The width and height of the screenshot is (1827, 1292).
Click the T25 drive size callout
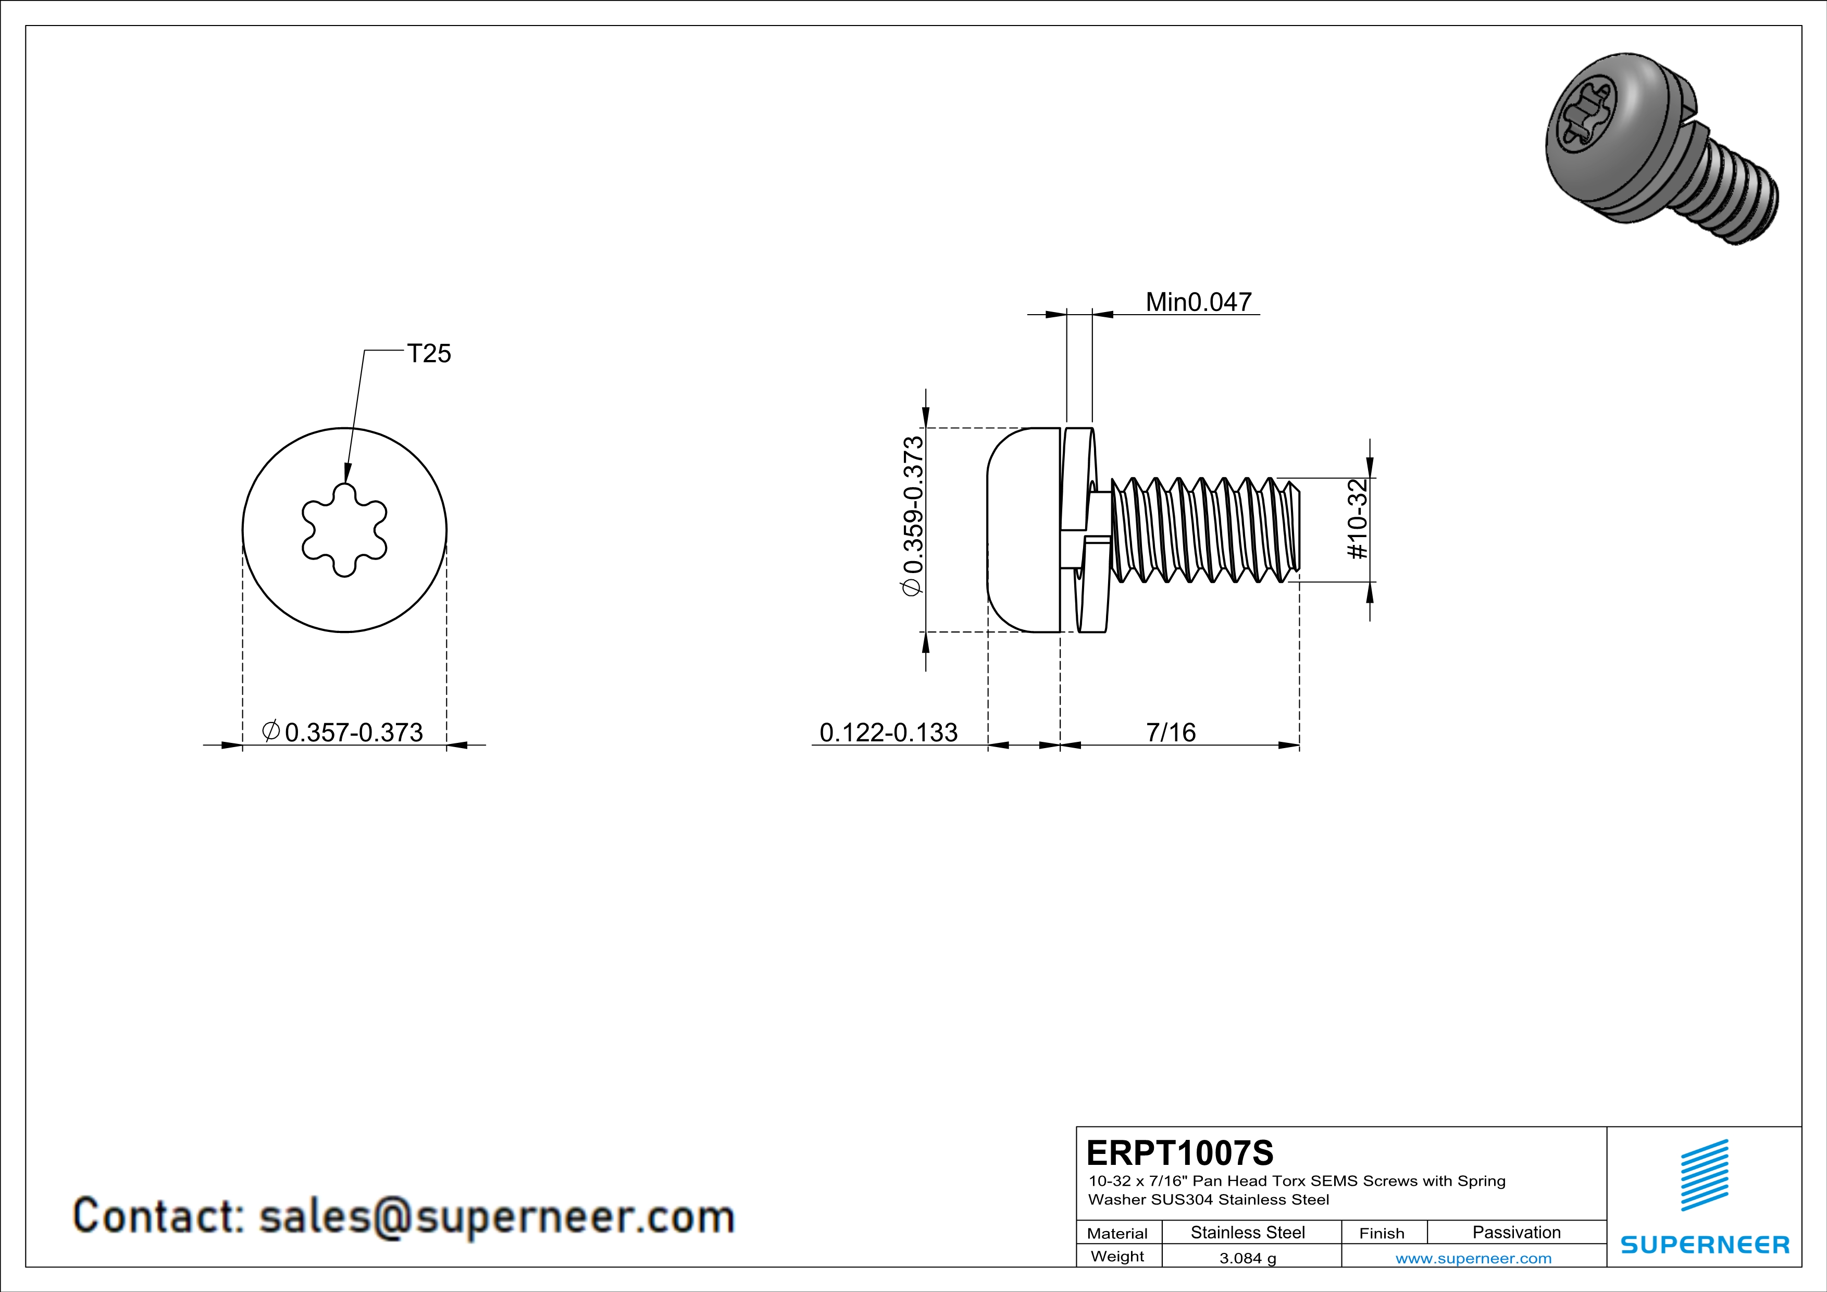coord(429,353)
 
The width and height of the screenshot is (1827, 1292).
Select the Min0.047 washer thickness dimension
coord(1198,302)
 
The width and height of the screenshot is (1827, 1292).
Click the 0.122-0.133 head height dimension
coord(888,732)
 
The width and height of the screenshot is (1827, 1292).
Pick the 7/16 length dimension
coord(1171,732)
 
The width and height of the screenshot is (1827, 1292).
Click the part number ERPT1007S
coord(1179,1152)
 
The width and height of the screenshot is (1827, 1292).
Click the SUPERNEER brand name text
coord(1705,1245)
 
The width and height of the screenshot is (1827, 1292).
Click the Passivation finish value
coord(1516,1232)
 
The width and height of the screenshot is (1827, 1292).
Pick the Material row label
coord(1117,1233)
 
